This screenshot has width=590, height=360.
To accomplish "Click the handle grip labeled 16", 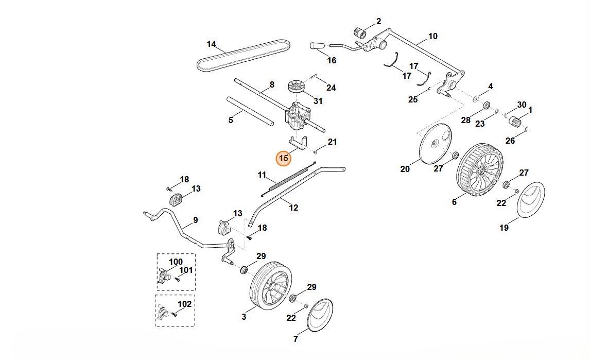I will (x=315, y=46).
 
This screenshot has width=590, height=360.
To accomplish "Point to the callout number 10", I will (x=432, y=36).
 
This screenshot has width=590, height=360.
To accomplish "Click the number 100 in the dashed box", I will (x=176, y=262).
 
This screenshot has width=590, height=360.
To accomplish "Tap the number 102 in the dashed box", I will (x=184, y=304).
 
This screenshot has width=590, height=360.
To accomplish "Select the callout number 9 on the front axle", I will (x=195, y=220).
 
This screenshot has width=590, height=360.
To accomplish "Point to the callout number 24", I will (x=331, y=88).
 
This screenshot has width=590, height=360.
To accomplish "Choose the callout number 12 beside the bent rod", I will (x=293, y=208).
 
